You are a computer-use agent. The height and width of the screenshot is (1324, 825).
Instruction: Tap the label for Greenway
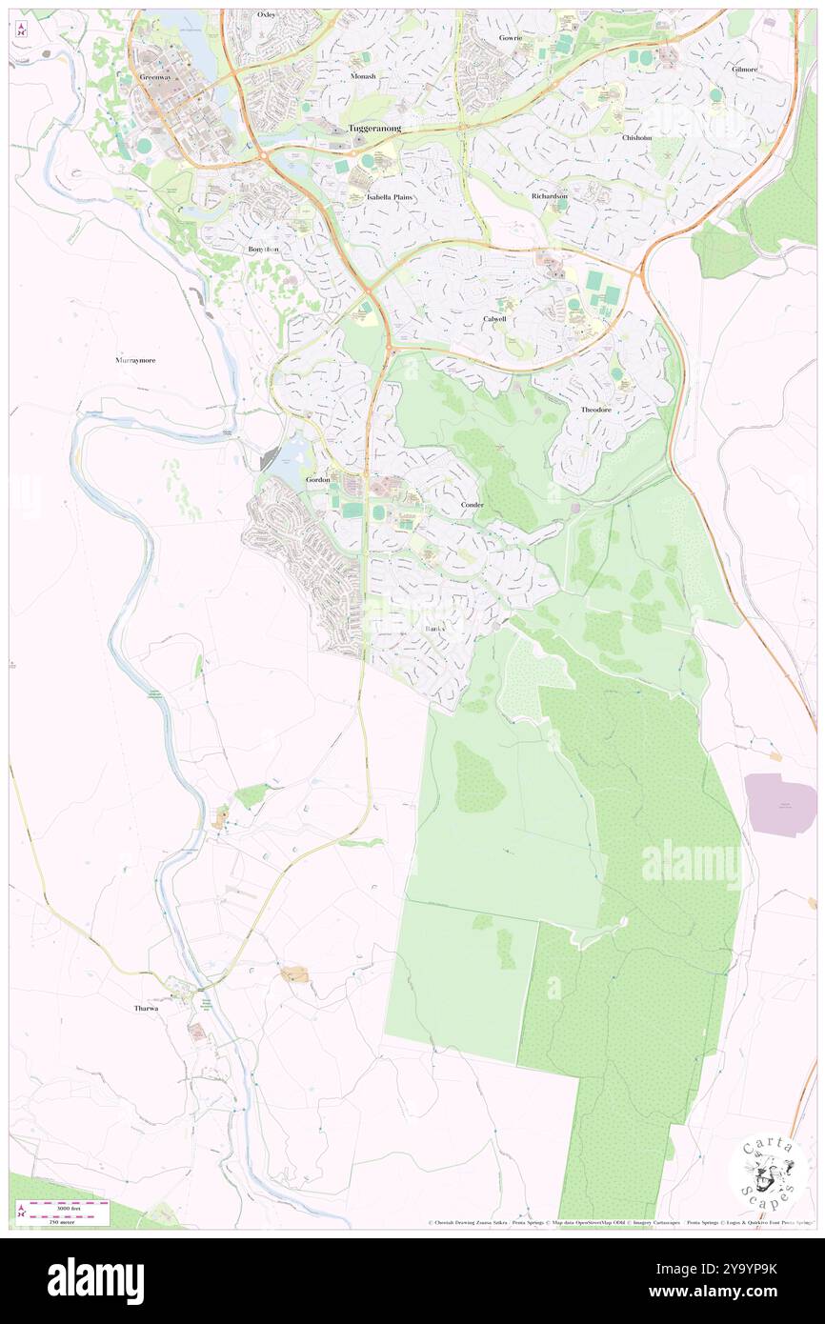click(154, 76)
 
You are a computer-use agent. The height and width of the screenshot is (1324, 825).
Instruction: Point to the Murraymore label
click(135, 361)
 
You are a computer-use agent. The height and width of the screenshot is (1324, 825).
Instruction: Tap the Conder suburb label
click(472, 504)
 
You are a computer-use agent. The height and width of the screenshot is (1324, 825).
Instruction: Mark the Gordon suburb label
click(317, 480)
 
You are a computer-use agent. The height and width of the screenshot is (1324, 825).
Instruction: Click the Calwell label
click(494, 319)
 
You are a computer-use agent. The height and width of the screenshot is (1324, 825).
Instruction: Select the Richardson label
click(550, 196)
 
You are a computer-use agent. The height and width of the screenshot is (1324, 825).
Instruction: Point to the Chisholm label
click(636, 137)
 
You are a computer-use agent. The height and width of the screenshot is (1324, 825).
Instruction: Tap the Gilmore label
click(745, 70)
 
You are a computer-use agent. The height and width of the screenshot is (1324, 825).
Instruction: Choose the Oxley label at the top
click(267, 15)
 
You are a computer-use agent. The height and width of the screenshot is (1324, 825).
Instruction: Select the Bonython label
click(264, 249)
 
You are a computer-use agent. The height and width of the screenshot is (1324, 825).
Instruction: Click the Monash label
click(362, 76)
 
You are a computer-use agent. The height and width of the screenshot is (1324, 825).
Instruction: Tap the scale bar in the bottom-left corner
click(63, 1213)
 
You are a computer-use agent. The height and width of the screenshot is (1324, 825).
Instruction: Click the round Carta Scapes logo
click(768, 1173)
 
